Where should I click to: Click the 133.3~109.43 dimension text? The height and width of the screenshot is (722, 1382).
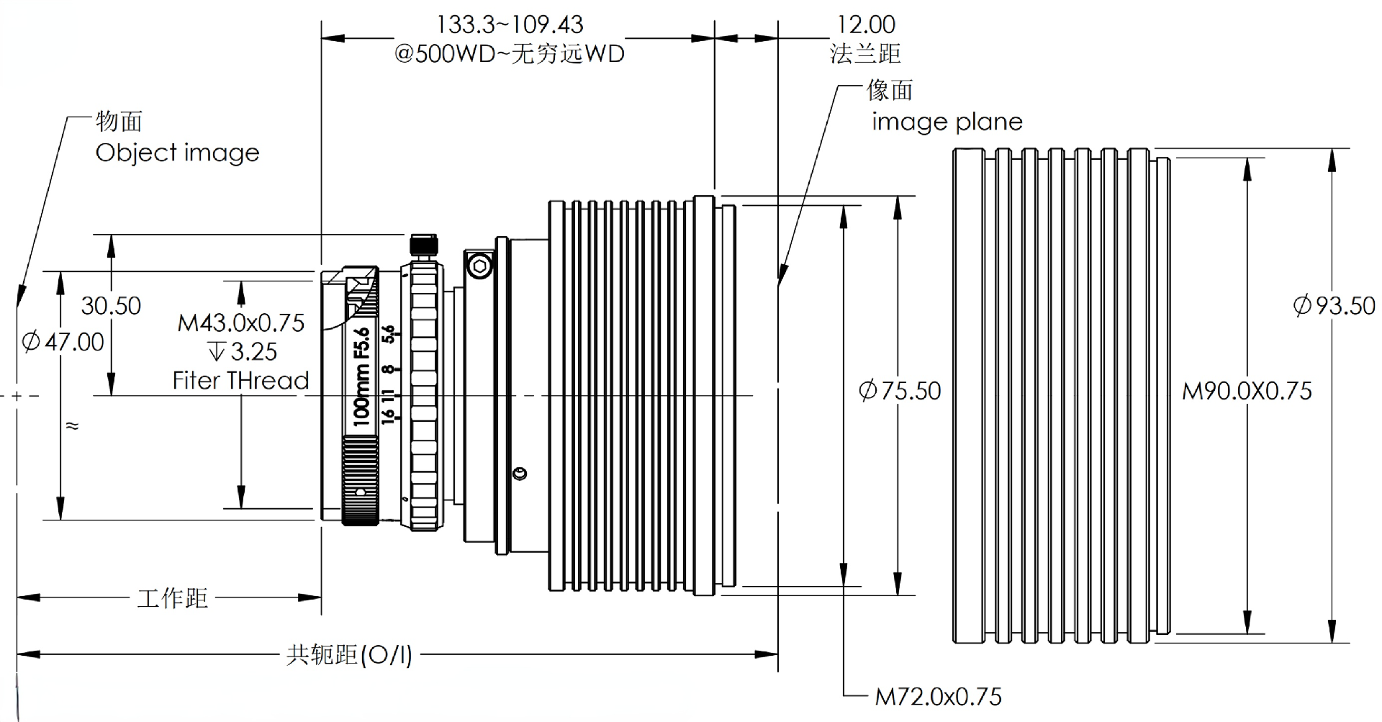[510, 24]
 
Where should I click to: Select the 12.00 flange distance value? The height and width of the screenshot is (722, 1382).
[866, 24]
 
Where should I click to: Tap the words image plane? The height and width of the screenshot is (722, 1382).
[947, 122]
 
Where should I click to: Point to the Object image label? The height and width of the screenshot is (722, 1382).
[177, 153]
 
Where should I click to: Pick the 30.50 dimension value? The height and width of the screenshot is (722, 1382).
[111, 305]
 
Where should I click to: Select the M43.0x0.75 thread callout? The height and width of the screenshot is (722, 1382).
[241, 322]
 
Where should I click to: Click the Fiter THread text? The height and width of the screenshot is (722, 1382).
[241, 380]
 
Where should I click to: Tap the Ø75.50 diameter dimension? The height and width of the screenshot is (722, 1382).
[900, 391]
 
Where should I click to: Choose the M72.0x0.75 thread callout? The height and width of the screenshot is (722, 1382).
[938, 696]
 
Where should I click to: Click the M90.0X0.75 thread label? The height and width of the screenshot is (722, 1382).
[1247, 391]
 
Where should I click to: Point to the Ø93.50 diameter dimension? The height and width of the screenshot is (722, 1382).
[1334, 305]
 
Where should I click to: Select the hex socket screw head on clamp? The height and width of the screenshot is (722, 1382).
[480, 267]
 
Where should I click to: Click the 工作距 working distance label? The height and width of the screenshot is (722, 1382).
[173, 597]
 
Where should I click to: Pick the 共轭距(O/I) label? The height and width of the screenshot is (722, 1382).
[349, 654]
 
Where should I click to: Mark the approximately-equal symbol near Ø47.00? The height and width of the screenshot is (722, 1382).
[72, 425]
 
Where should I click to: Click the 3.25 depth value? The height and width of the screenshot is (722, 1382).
[253, 351]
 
